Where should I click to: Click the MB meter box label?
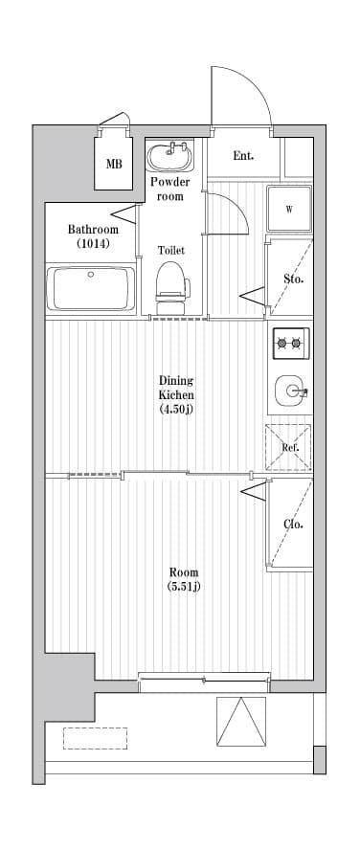point(114,164)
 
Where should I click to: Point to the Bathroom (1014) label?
point(93,236)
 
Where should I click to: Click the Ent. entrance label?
point(243,156)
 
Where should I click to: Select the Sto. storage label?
point(293,280)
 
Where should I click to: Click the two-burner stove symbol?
point(290,340)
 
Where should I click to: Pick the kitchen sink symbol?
point(290,391)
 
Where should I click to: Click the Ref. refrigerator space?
point(289,447)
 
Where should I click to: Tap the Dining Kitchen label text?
point(176,388)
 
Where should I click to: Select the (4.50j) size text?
point(176,410)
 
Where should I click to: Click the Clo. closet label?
point(293,524)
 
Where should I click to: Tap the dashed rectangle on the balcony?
point(96,738)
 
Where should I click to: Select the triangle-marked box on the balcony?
point(241,722)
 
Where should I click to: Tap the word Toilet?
point(171,250)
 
